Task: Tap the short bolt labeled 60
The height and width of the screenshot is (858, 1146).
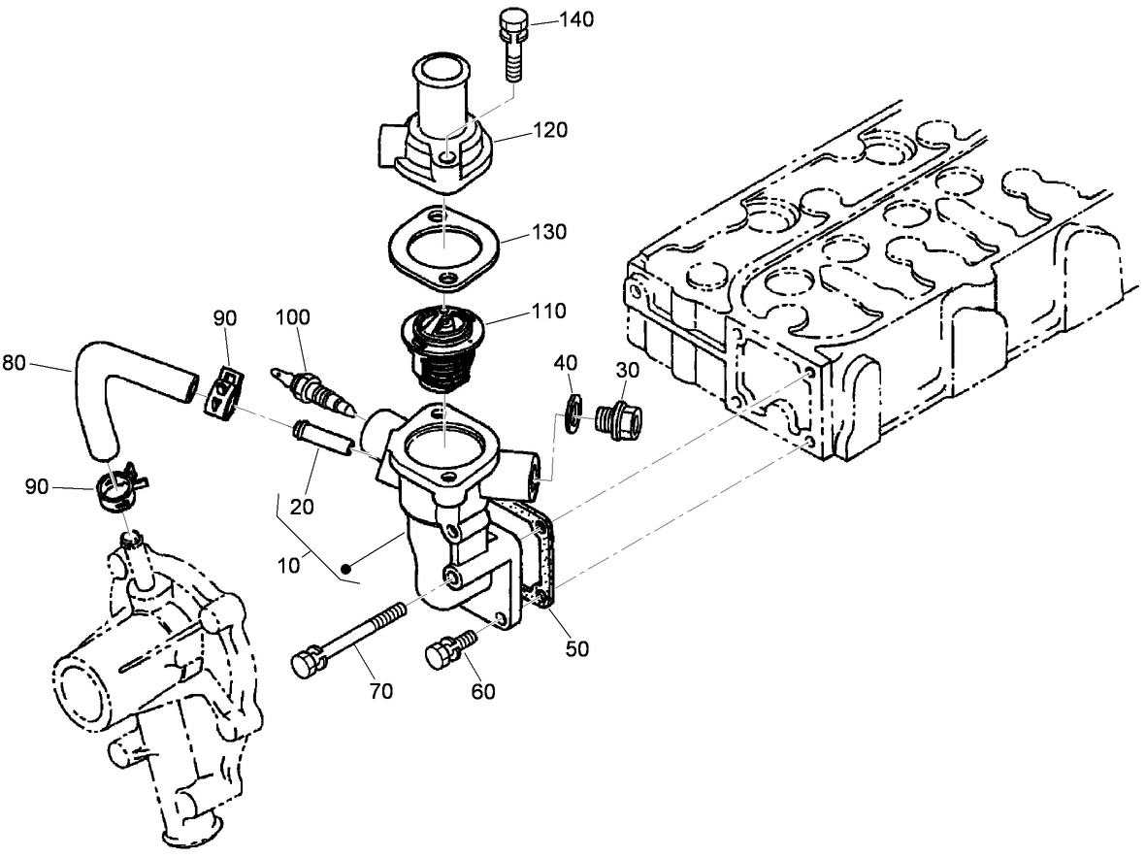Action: coord(448,648)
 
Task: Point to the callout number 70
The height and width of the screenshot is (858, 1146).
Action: coord(380,691)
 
